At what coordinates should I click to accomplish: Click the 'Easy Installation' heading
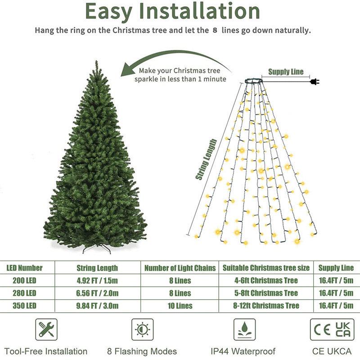coord(172,12)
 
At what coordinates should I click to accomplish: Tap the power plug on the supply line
coord(315,81)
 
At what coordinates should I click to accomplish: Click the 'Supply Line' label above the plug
coord(286,72)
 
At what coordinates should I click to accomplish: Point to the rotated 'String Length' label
coord(206,160)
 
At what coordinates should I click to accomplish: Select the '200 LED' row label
coord(22,280)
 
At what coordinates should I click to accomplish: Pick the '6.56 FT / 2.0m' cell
coord(98,293)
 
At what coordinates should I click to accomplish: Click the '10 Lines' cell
coord(180,306)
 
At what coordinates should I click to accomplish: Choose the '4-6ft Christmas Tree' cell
coord(266,280)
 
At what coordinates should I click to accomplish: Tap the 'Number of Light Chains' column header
coord(180,268)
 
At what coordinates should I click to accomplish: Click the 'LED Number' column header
coord(24,268)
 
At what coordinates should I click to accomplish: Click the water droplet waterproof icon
coord(244,330)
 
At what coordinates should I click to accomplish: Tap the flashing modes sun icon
coord(142,330)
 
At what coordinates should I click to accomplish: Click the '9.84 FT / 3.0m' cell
coord(98,306)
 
